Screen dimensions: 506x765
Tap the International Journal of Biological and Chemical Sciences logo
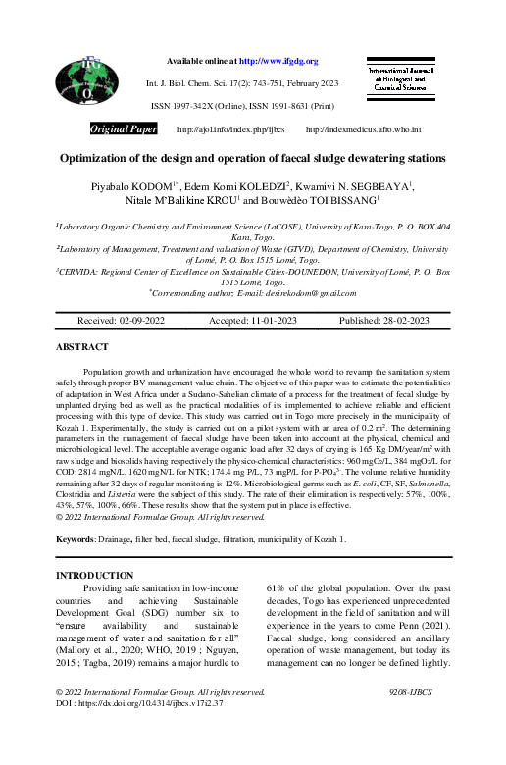pos(403,78)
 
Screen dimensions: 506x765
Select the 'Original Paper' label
pos(123,129)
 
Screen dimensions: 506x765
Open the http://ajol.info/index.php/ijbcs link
pos(230,129)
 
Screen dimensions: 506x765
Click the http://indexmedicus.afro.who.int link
pos(363,129)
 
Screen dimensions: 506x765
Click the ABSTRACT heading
pos(82,347)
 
